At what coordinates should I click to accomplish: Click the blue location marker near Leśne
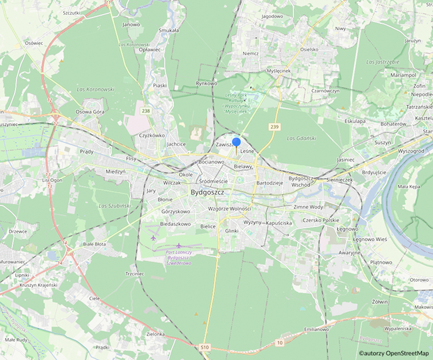coord(236,142)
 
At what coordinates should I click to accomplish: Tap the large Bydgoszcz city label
coord(211,193)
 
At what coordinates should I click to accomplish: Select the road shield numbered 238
coord(145,111)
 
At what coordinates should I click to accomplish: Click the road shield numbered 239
coord(275,126)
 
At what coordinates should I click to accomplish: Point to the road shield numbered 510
coord(205,347)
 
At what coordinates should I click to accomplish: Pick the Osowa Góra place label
coord(90,111)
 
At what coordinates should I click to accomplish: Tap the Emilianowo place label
coord(316,329)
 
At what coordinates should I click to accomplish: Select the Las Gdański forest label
coord(300,138)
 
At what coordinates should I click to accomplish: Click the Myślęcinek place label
coord(278,70)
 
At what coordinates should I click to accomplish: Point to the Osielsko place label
coord(309,49)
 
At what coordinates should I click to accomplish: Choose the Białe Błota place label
coord(95,244)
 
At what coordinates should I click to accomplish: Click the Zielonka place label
coord(156,334)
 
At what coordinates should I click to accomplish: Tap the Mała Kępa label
coord(410,187)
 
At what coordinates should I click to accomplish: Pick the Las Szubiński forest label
coord(114,206)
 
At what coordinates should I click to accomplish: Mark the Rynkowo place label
coord(206,84)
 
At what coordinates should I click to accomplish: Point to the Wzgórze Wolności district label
coord(229,208)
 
